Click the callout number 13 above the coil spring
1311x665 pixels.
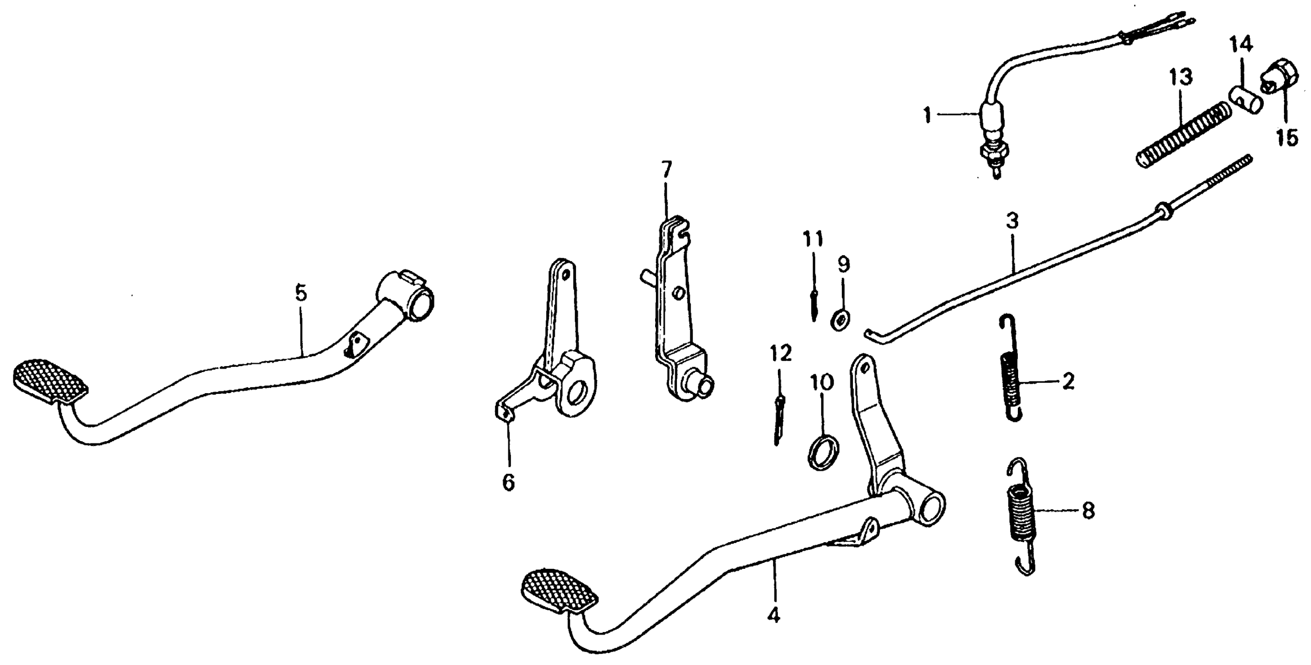point(1180,78)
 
